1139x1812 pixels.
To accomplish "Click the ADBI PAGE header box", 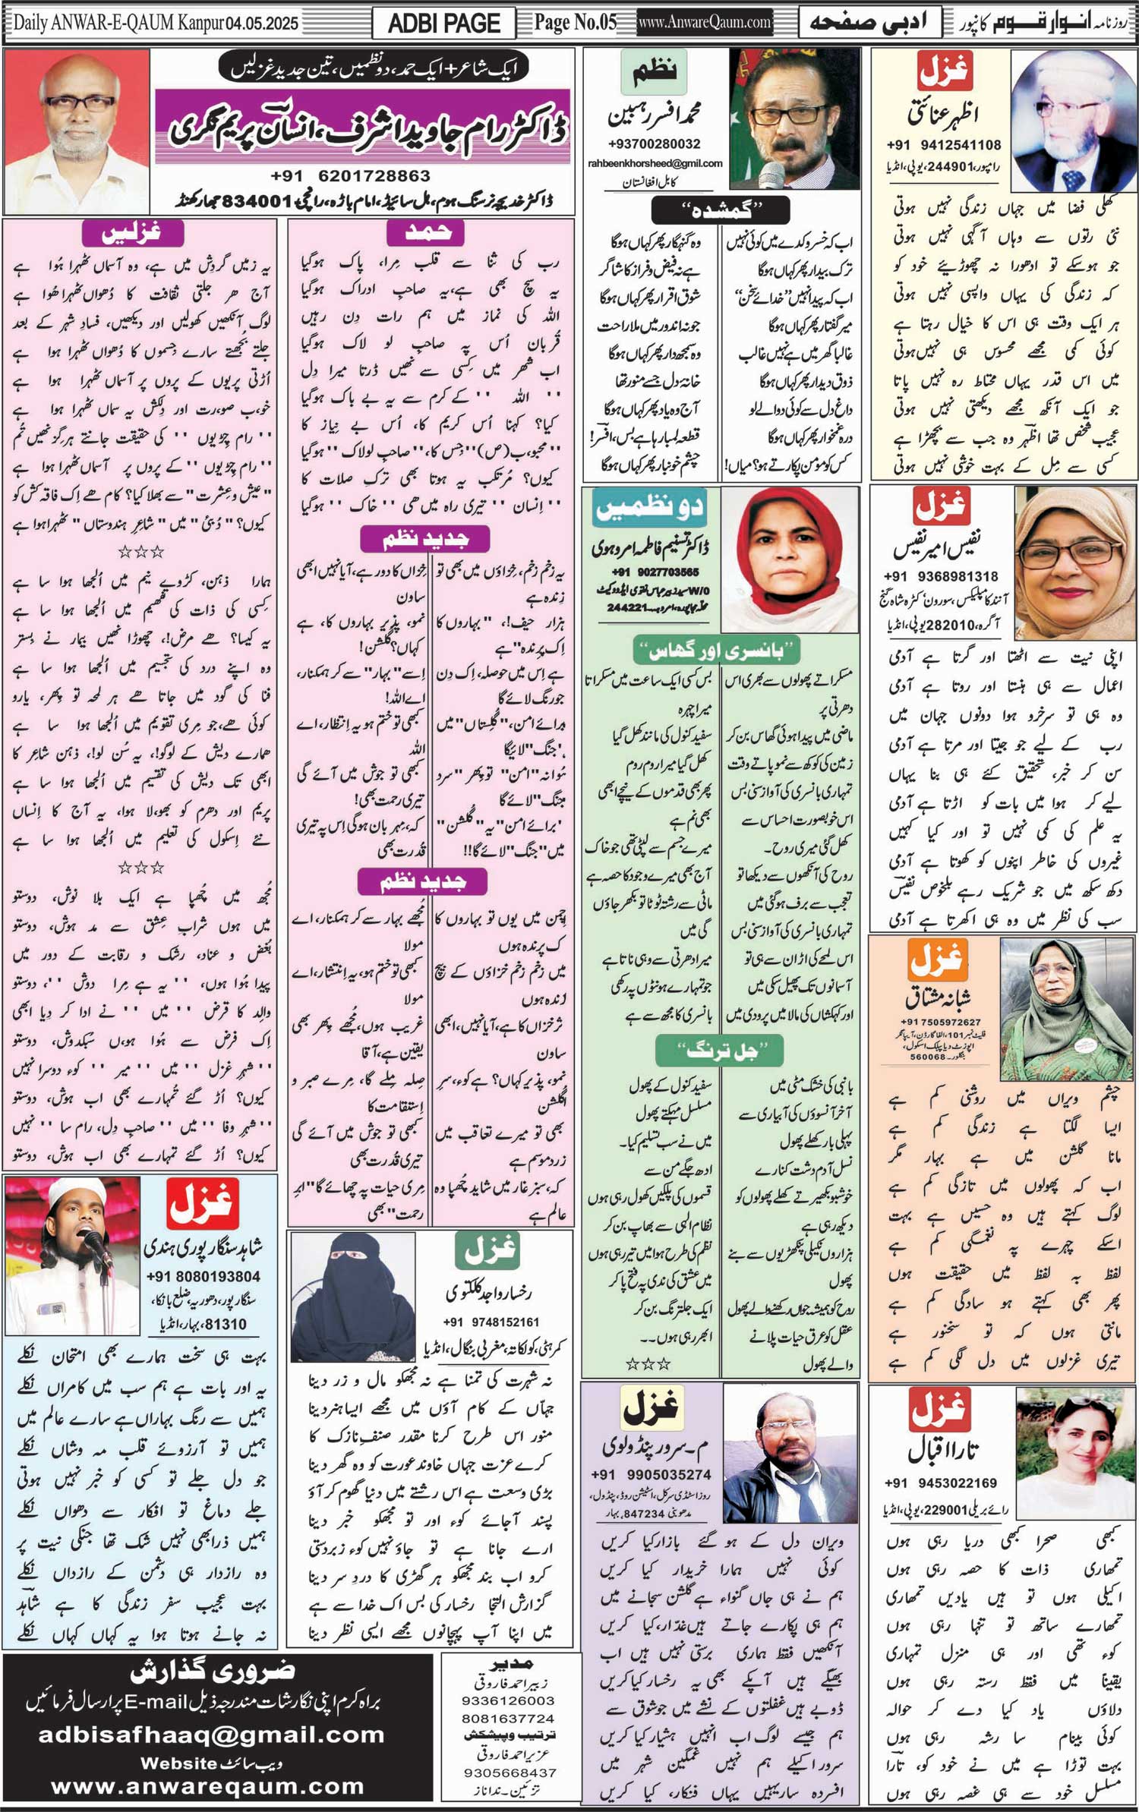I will click(443, 24).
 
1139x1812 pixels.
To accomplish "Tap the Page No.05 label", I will click(575, 23).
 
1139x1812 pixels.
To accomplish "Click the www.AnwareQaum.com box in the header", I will click(705, 23).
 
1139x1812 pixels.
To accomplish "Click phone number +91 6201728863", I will click(350, 176).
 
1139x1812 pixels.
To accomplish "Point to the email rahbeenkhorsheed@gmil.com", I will click(655, 163).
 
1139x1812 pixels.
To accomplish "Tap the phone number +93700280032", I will click(654, 143).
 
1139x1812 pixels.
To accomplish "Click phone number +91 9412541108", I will click(943, 145).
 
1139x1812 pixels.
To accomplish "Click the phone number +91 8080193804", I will click(203, 1277).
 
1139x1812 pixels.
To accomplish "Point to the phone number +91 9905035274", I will click(651, 1475).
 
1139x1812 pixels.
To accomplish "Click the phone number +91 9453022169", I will click(941, 1483).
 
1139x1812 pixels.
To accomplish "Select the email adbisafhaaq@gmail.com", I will click(212, 1735).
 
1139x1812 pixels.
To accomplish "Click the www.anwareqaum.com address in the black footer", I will click(207, 1787).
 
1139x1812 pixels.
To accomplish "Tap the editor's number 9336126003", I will click(507, 1701).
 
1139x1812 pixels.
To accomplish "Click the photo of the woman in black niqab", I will click(353, 1297).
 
